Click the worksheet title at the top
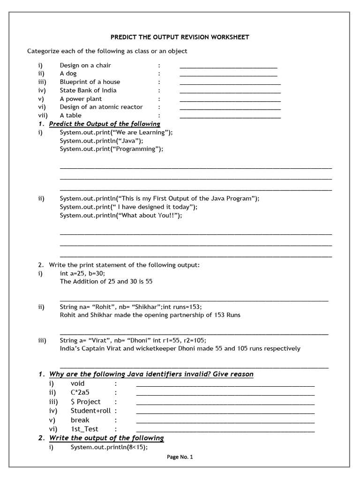point(180,37)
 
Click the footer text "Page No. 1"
point(180,457)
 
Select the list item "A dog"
point(68,74)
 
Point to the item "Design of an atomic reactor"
point(101,107)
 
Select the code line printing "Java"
point(102,141)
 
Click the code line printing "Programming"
point(112,149)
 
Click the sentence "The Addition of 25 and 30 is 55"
point(106,282)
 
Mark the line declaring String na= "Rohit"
point(131,307)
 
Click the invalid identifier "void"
point(78,383)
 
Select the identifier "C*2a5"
point(80,392)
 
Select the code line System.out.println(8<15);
point(109,447)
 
